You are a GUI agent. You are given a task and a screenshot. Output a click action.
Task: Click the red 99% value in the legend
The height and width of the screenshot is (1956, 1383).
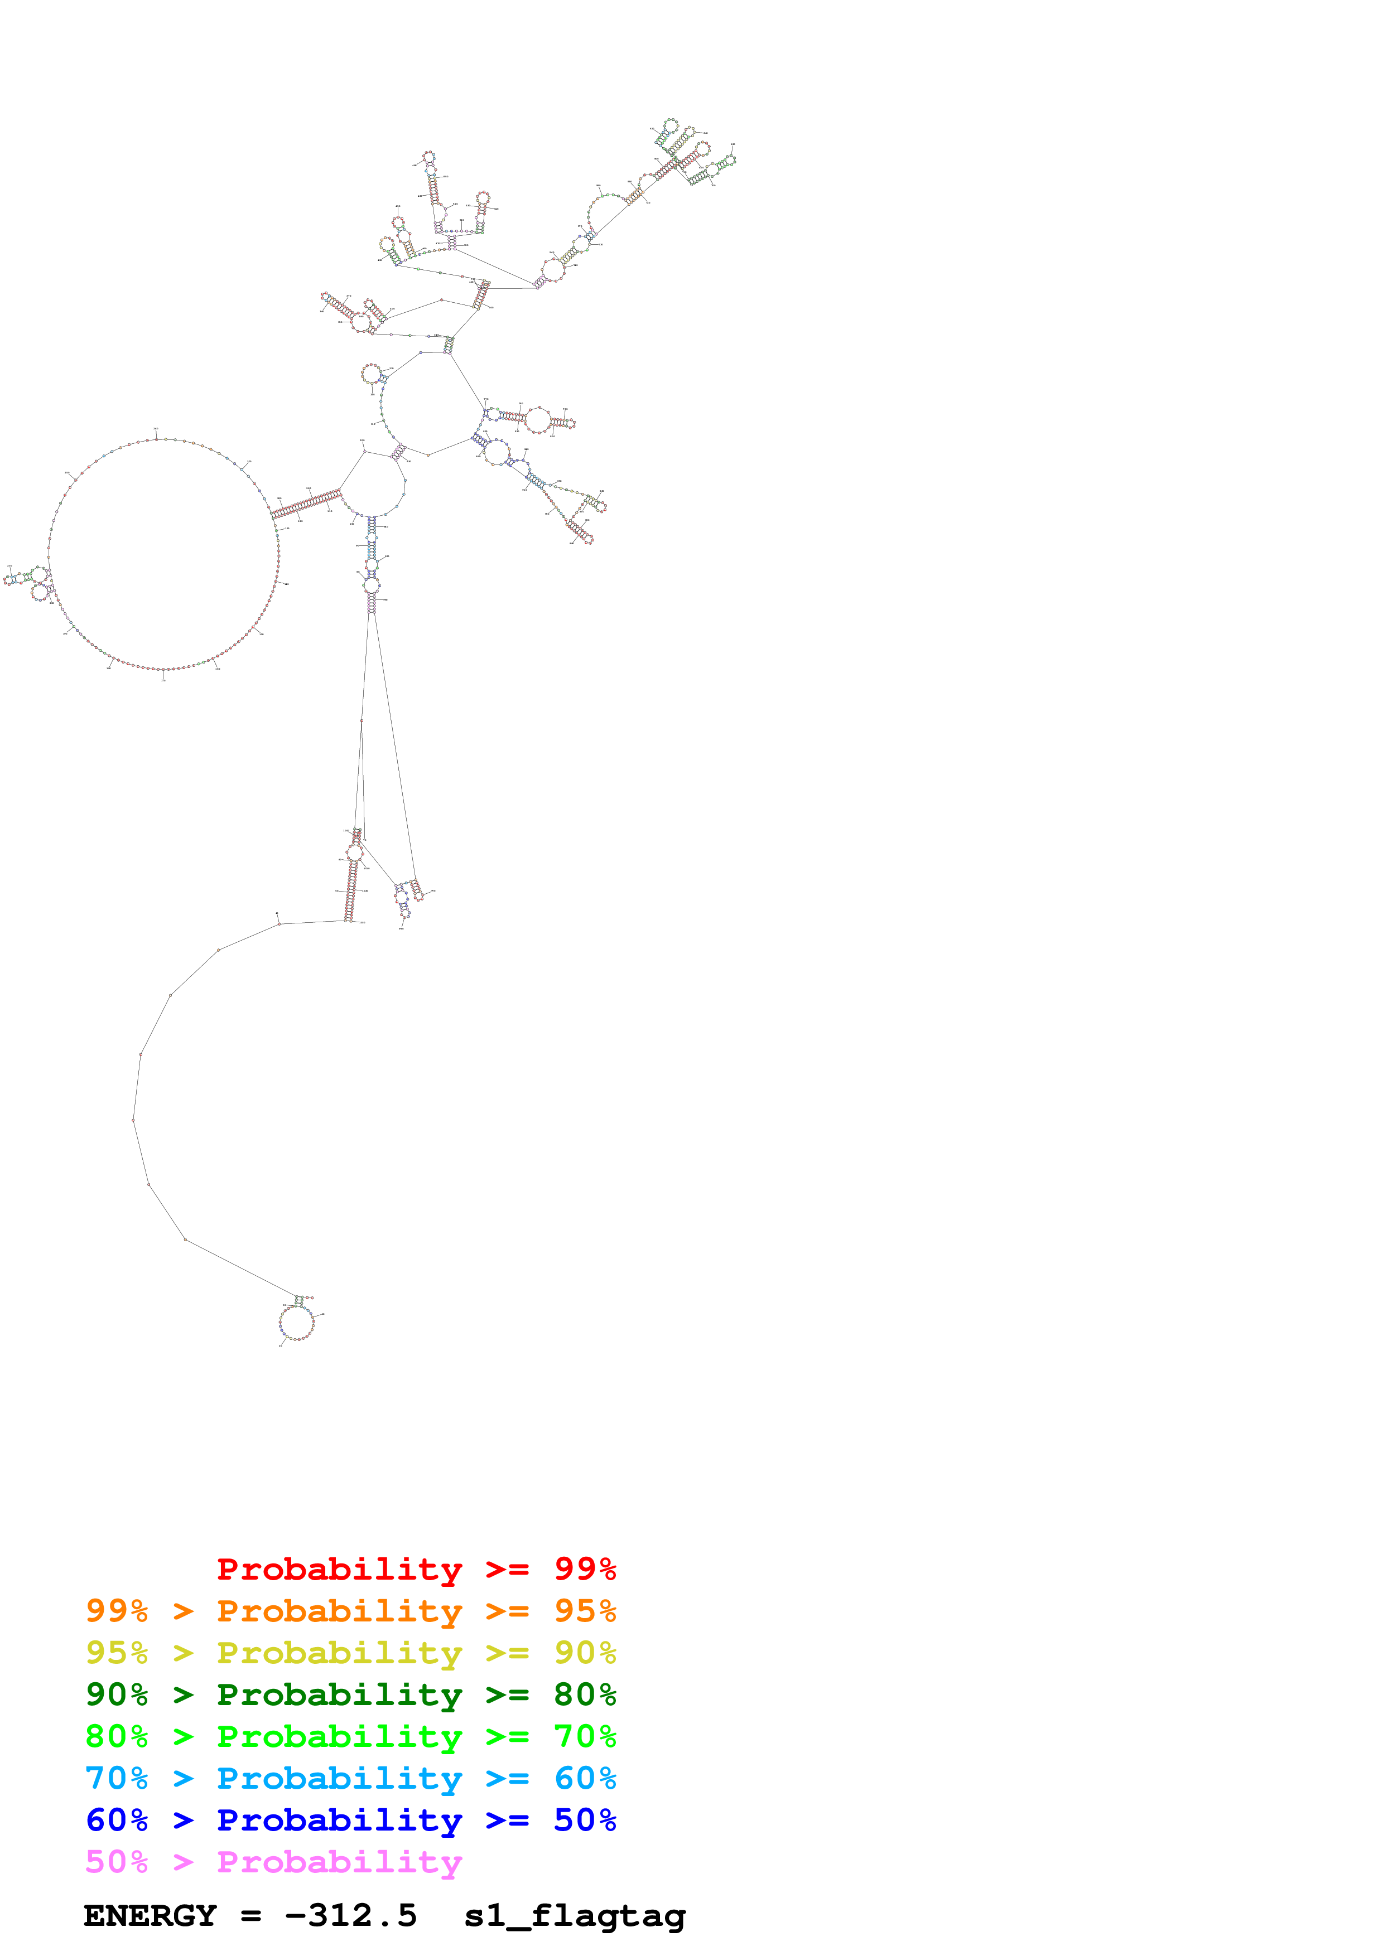click(x=585, y=1569)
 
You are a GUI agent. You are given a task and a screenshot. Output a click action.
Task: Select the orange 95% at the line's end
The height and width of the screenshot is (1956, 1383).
click(x=585, y=1611)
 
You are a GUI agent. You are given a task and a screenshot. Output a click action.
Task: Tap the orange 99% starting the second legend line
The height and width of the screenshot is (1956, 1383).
click(x=117, y=1611)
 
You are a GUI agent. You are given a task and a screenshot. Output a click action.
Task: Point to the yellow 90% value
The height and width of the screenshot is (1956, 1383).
click(x=585, y=1653)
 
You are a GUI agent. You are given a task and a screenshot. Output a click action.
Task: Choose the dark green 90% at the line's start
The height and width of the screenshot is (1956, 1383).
click(x=117, y=1694)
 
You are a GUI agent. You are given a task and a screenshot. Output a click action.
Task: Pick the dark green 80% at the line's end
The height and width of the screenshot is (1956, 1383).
click(x=585, y=1694)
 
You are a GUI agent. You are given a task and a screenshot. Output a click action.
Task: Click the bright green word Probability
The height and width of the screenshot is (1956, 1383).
click(x=339, y=1737)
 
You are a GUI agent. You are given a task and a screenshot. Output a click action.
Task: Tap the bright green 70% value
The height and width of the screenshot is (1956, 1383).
click(x=585, y=1736)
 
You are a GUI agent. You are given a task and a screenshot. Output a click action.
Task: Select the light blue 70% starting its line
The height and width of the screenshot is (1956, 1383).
click(x=117, y=1778)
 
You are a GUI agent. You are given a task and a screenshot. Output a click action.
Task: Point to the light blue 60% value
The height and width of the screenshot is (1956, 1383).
click(x=585, y=1778)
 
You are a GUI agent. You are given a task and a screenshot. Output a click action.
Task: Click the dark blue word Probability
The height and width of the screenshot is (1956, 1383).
click(x=339, y=1821)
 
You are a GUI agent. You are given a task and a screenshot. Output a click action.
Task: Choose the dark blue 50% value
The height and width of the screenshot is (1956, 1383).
click(x=585, y=1820)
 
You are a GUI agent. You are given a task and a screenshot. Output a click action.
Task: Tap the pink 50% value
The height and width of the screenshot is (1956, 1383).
click(x=117, y=1861)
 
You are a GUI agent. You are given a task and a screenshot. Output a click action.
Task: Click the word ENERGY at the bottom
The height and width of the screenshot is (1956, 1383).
click(x=150, y=1916)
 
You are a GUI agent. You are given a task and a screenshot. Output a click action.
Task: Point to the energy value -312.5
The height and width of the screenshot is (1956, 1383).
click(x=351, y=1916)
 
